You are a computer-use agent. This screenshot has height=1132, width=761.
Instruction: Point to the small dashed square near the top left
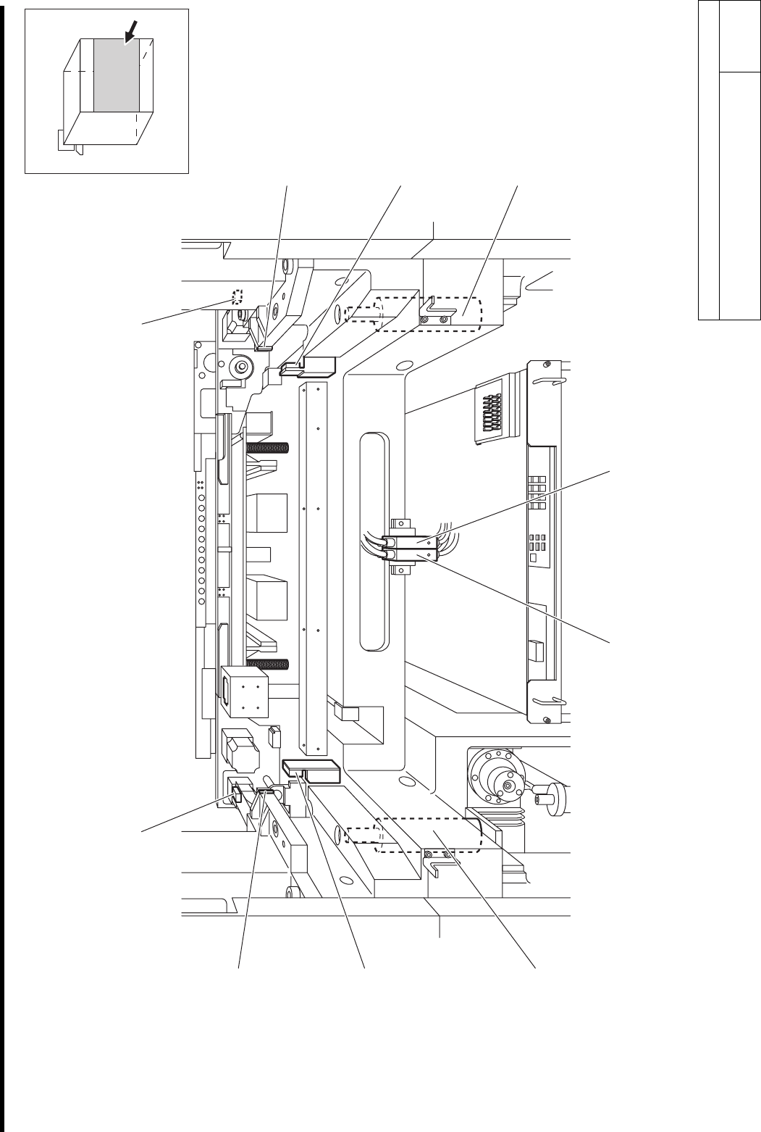pyautogui.click(x=236, y=296)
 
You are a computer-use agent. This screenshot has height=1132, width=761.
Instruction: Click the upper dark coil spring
pyautogui.click(x=268, y=447)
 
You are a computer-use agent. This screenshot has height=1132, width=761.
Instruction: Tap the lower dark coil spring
pyautogui.click(x=268, y=664)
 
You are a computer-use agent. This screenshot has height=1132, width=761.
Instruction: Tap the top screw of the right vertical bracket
pyautogui.click(x=548, y=364)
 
